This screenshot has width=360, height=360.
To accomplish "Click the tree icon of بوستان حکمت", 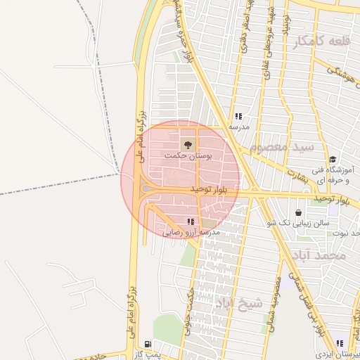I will (187, 144).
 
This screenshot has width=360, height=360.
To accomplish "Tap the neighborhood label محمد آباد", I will (323, 256).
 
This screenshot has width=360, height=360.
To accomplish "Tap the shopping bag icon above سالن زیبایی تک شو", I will (299, 212).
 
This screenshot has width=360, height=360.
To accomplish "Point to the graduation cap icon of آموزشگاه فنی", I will (332, 160).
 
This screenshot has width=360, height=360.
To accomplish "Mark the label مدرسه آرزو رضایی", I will (192, 231).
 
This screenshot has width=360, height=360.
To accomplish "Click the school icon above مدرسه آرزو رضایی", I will (191, 221).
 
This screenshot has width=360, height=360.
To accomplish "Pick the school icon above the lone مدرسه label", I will (238, 117).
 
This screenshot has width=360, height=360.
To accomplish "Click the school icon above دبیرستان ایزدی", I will (340, 344).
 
